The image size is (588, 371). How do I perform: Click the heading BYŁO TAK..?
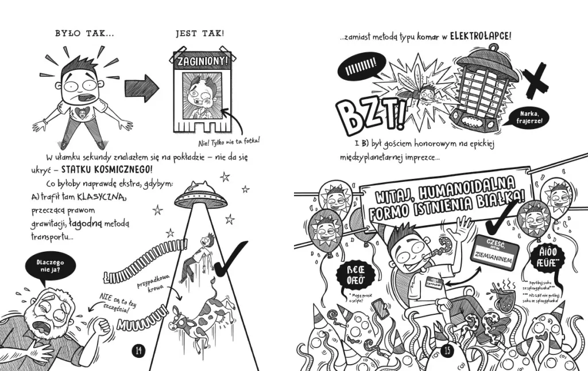pos(84,34)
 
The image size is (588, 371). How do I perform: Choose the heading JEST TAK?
pos(199,34)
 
